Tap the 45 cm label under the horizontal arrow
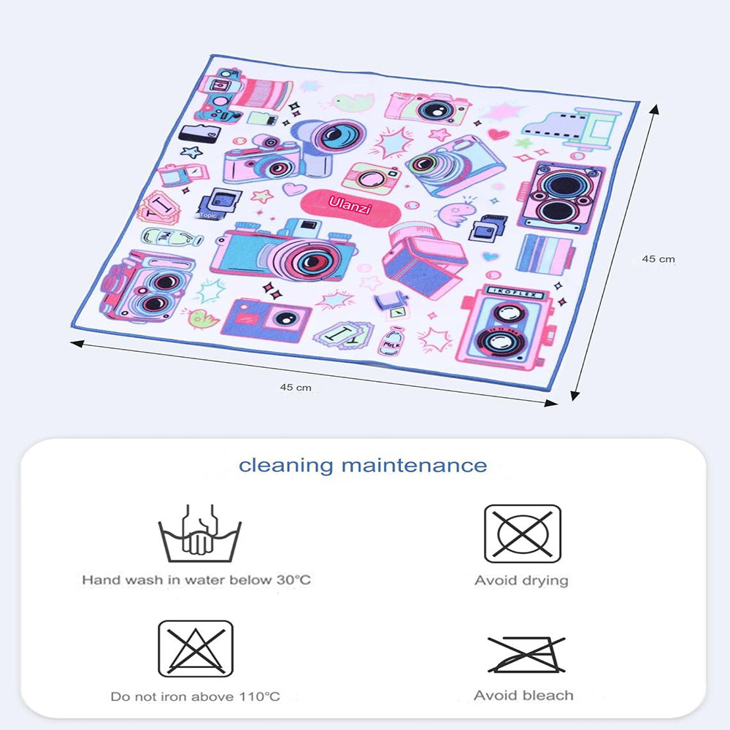tap(296, 387)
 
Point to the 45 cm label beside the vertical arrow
tap(658, 258)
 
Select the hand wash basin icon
tap(200, 533)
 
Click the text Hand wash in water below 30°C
tap(196, 580)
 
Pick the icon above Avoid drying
tap(522, 534)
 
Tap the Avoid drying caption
tap(521, 581)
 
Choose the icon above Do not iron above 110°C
tap(196, 649)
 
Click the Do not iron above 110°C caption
tap(195, 696)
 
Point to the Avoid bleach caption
tap(523, 696)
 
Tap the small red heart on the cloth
tap(497, 134)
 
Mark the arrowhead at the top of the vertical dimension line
tap(653, 109)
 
